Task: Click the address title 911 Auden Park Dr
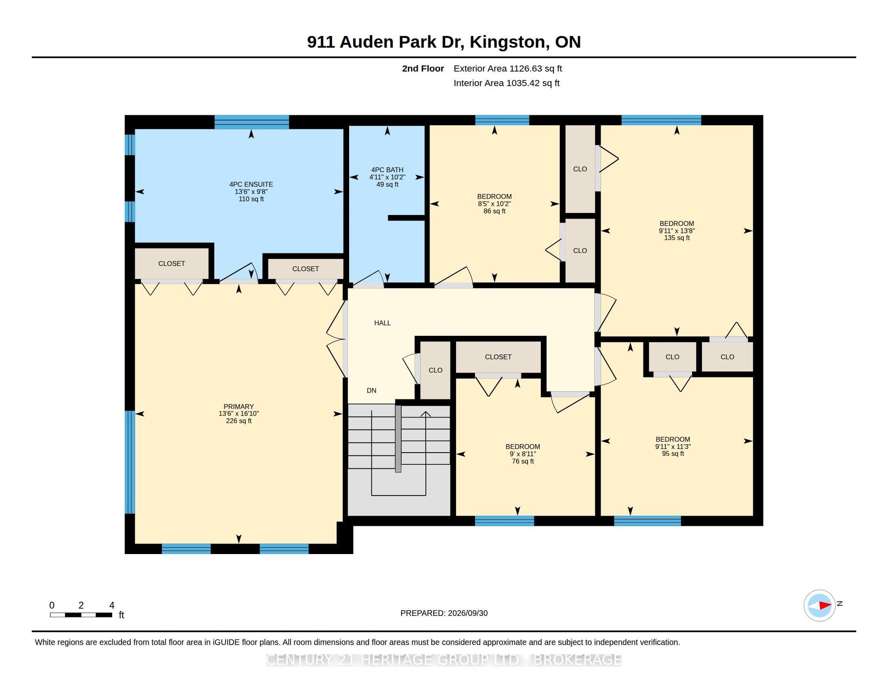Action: pyautogui.click(x=385, y=42)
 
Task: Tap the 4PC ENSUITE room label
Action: pyautogui.click(x=251, y=184)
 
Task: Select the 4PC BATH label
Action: pyautogui.click(x=387, y=170)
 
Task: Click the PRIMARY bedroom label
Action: pyautogui.click(x=239, y=407)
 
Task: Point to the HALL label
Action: pyautogui.click(x=382, y=323)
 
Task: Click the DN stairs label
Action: pyautogui.click(x=372, y=390)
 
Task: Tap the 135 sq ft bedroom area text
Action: pyautogui.click(x=677, y=238)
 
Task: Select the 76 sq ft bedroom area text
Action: pyautogui.click(x=523, y=461)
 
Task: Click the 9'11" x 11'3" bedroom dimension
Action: pyautogui.click(x=673, y=447)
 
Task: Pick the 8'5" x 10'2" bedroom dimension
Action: pyautogui.click(x=494, y=204)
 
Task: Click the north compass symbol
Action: pyautogui.click(x=819, y=606)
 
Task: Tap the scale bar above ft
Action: pyautogui.click(x=81, y=615)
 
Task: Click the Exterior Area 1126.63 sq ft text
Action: pyautogui.click(x=508, y=68)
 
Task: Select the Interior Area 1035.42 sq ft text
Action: pyautogui.click(x=507, y=83)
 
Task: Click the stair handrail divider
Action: pyautogui.click(x=398, y=439)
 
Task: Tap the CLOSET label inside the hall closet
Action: pyautogui.click(x=498, y=356)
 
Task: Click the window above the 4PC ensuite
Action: pyautogui.click(x=252, y=122)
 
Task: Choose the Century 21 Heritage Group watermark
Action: pyautogui.click(x=444, y=660)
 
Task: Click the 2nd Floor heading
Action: pyautogui.click(x=423, y=68)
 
